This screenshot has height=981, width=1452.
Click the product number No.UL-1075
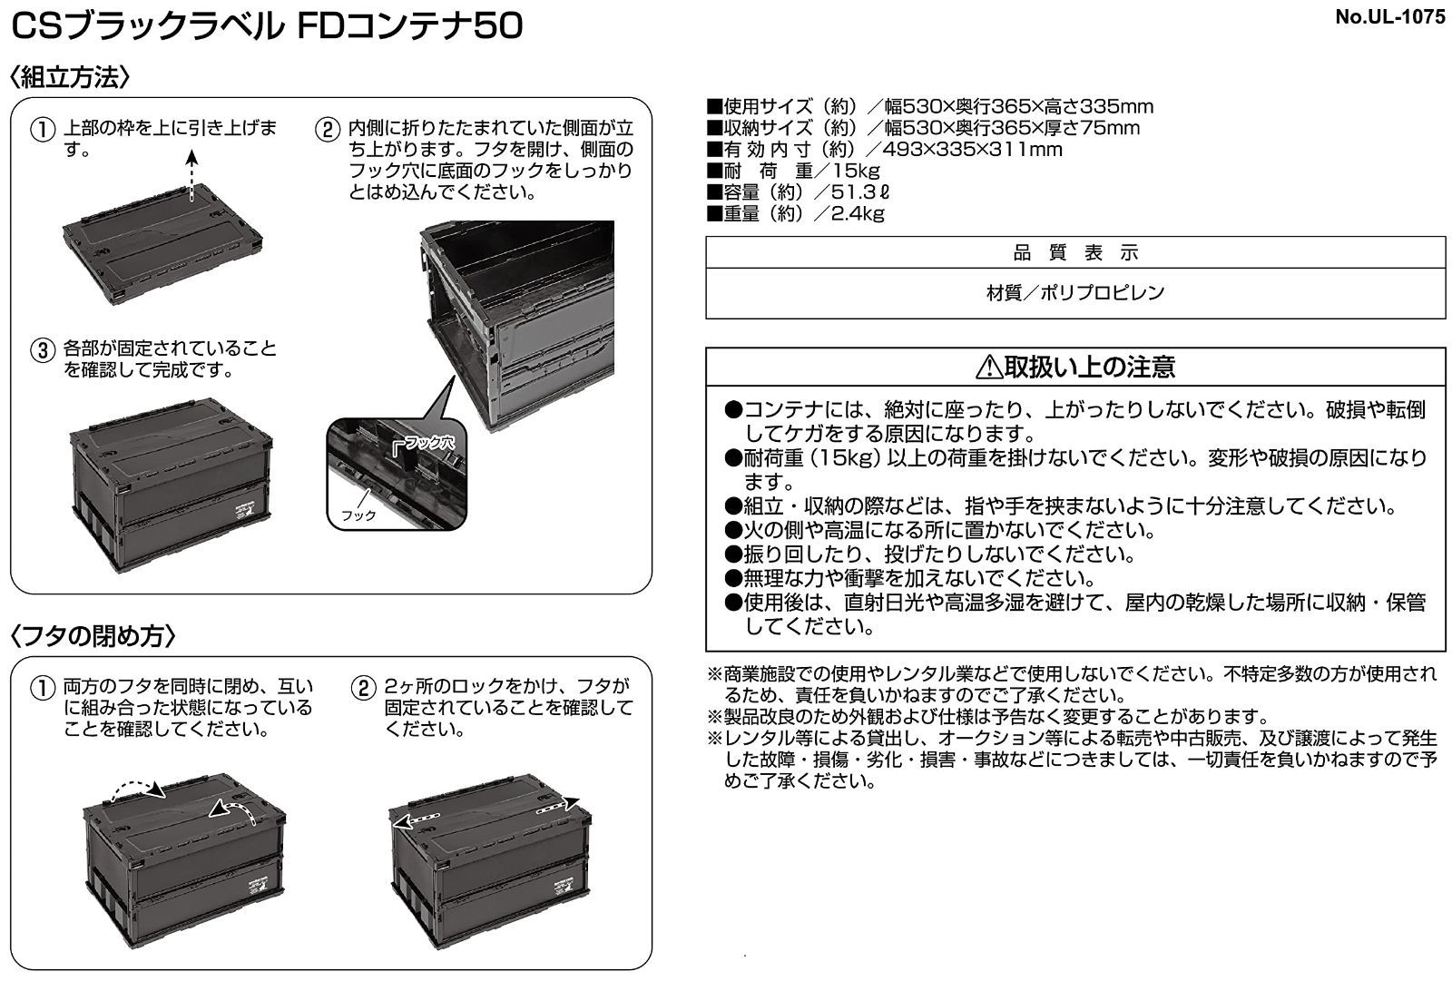[1389, 17]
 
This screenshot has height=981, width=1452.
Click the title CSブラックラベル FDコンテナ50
[267, 27]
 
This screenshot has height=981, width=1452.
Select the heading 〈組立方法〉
[70, 77]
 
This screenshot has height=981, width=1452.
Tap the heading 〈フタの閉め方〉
[93, 636]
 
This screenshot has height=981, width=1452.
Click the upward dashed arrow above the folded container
[191, 175]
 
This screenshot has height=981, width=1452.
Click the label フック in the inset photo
[358, 515]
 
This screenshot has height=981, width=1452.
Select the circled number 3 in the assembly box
[43, 351]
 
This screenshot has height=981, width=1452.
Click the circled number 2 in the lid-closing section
[364, 688]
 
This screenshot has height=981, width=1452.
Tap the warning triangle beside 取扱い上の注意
[989, 367]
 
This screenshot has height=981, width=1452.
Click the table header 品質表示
[1075, 253]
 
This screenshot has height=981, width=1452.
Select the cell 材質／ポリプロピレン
[1075, 293]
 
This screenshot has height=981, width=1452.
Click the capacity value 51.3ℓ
[860, 191]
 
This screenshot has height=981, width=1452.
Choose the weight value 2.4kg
[858, 213]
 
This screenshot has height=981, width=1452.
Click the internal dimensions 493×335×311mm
[972, 149]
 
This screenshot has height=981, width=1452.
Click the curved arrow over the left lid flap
[137, 790]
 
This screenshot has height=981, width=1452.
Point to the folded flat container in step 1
[162, 244]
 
